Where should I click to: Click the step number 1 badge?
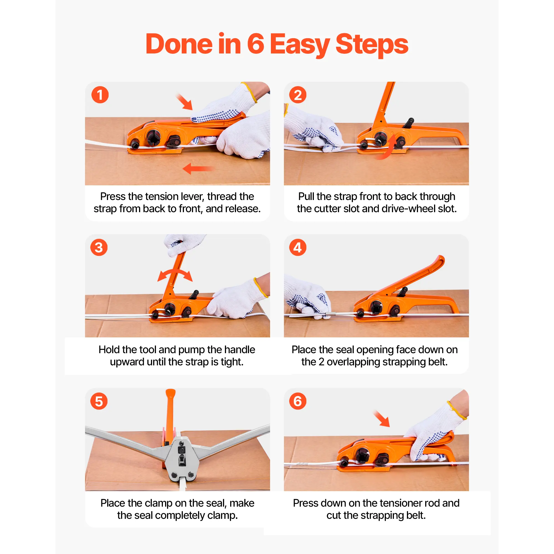tap(100, 95)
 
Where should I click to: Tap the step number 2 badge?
tap(298, 95)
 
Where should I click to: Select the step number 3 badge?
tap(99, 247)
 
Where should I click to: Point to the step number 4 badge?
tap(298, 247)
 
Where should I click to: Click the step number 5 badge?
tap(99, 401)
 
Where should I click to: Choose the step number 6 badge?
tap(298, 401)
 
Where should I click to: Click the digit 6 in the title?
tap(255, 44)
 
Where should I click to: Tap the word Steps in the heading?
tap(372, 45)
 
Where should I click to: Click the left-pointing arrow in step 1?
tap(198, 169)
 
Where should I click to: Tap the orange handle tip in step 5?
tap(171, 393)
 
